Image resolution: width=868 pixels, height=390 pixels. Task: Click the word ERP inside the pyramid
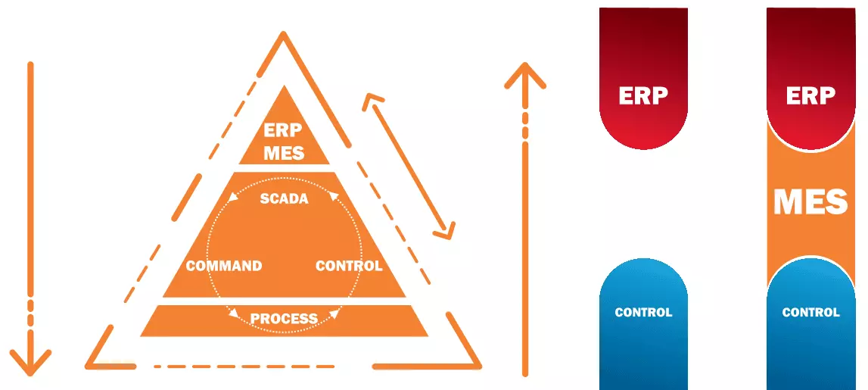click(x=284, y=130)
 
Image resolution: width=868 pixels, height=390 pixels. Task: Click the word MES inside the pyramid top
click(x=284, y=152)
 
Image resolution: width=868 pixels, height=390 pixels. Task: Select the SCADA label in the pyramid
click(x=284, y=199)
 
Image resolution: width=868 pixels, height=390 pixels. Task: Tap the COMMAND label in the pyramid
click(x=224, y=266)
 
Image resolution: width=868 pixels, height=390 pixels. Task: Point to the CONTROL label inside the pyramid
click(x=349, y=266)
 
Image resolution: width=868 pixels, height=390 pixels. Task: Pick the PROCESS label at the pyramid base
click(x=284, y=318)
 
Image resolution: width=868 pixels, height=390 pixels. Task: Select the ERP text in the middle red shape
click(x=643, y=96)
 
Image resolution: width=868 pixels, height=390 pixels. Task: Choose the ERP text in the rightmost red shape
click(x=810, y=96)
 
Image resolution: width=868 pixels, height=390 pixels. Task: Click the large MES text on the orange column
click(x=810, y=202)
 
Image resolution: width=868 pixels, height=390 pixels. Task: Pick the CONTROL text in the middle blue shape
click(x=643, y=312)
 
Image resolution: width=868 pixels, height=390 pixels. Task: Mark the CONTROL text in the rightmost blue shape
click(x=810, y=312)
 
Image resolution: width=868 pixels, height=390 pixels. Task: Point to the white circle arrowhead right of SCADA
click(x=332, y=199)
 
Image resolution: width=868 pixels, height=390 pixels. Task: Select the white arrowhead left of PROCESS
click(x=235, y=314)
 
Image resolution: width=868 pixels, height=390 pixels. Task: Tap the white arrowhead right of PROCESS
click(x=333, y=313)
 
